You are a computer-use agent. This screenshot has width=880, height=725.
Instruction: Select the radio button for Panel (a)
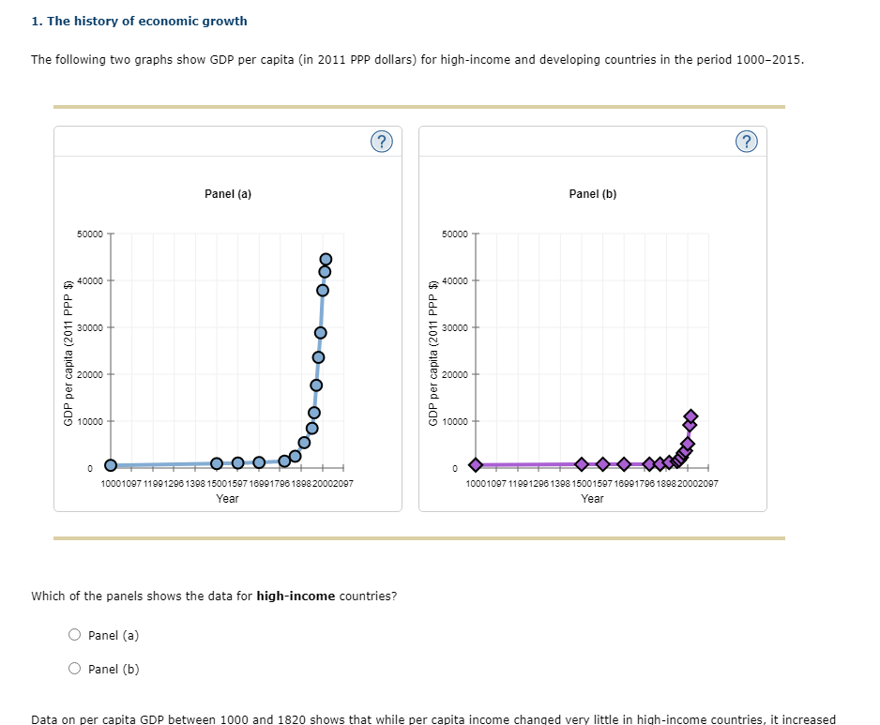(75, 635)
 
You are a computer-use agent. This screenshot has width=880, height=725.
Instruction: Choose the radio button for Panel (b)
(75, 669)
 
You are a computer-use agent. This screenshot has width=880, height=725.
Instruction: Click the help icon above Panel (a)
(380, 142)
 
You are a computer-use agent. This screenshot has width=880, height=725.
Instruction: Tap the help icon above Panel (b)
(746, 142)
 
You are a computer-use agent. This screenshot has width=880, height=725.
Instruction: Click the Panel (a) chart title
(228, 194)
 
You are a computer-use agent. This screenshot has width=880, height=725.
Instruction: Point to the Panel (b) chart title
(593, 194)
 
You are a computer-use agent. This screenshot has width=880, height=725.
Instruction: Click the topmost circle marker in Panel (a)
(326, 259)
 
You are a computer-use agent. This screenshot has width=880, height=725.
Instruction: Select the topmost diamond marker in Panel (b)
(691, 415)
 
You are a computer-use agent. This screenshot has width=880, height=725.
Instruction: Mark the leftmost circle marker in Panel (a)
(111, 465)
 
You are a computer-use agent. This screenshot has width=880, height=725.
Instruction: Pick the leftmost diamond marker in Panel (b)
(476, 465)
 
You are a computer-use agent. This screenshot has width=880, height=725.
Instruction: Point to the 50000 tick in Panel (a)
(91, 234)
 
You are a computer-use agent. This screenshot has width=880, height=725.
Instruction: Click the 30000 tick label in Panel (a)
(91, 327)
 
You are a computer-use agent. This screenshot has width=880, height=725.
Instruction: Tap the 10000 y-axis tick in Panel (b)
(456, 421)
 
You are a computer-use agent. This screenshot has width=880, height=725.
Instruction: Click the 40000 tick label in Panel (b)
(456, 280)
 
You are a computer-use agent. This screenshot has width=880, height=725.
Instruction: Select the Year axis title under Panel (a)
(227, 499)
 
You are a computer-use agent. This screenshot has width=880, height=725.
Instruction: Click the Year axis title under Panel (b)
(592, 499)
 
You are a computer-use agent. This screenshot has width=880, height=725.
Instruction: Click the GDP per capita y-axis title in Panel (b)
(433, 353)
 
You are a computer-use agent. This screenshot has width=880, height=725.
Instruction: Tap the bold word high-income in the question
(296, 597)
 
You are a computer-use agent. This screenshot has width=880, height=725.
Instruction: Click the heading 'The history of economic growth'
(139, 21)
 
